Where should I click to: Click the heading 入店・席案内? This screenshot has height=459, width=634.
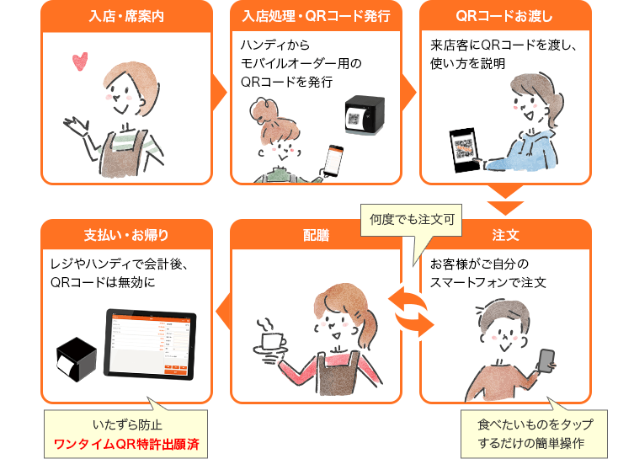[x=125, y=16]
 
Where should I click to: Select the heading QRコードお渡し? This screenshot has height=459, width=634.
[x=504, y=16]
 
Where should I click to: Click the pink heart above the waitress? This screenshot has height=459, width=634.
[x=80, y=61]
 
